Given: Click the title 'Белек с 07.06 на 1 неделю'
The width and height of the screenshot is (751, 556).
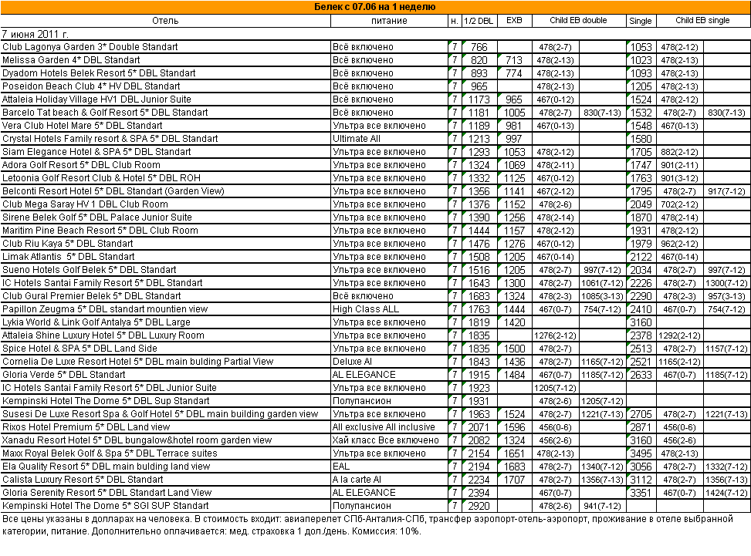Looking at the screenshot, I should [376, 7].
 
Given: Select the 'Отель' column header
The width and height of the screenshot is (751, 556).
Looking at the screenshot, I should [165, 21].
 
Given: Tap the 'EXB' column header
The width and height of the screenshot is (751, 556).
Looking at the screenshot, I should [514, 21].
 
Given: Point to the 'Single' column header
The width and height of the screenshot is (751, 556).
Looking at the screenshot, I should [641, 21].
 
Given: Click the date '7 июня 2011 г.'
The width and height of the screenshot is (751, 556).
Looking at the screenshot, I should [36, 34].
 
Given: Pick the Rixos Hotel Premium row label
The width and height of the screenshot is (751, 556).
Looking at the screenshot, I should [86, 427].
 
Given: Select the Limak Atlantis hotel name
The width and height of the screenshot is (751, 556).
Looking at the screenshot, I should [69, 257].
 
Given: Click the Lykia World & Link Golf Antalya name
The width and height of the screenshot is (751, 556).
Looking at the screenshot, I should [96, 322].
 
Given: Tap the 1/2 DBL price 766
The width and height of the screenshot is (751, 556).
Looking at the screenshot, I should [479, 47].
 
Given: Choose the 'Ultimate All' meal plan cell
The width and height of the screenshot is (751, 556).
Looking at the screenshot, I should [356, 139].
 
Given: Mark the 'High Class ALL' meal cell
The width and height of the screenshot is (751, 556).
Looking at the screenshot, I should [365, 309].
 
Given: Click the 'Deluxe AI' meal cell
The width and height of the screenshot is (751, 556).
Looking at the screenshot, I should [354, 362].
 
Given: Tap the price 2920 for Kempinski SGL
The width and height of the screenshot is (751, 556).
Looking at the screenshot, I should [479, 506].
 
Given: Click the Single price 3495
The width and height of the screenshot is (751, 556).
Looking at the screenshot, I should [641, 453].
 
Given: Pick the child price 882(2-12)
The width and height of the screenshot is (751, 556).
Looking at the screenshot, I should [680, 152].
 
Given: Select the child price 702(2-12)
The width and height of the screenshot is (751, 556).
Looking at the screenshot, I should [680, 204].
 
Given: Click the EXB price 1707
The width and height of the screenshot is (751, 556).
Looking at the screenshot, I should [514, 480].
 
